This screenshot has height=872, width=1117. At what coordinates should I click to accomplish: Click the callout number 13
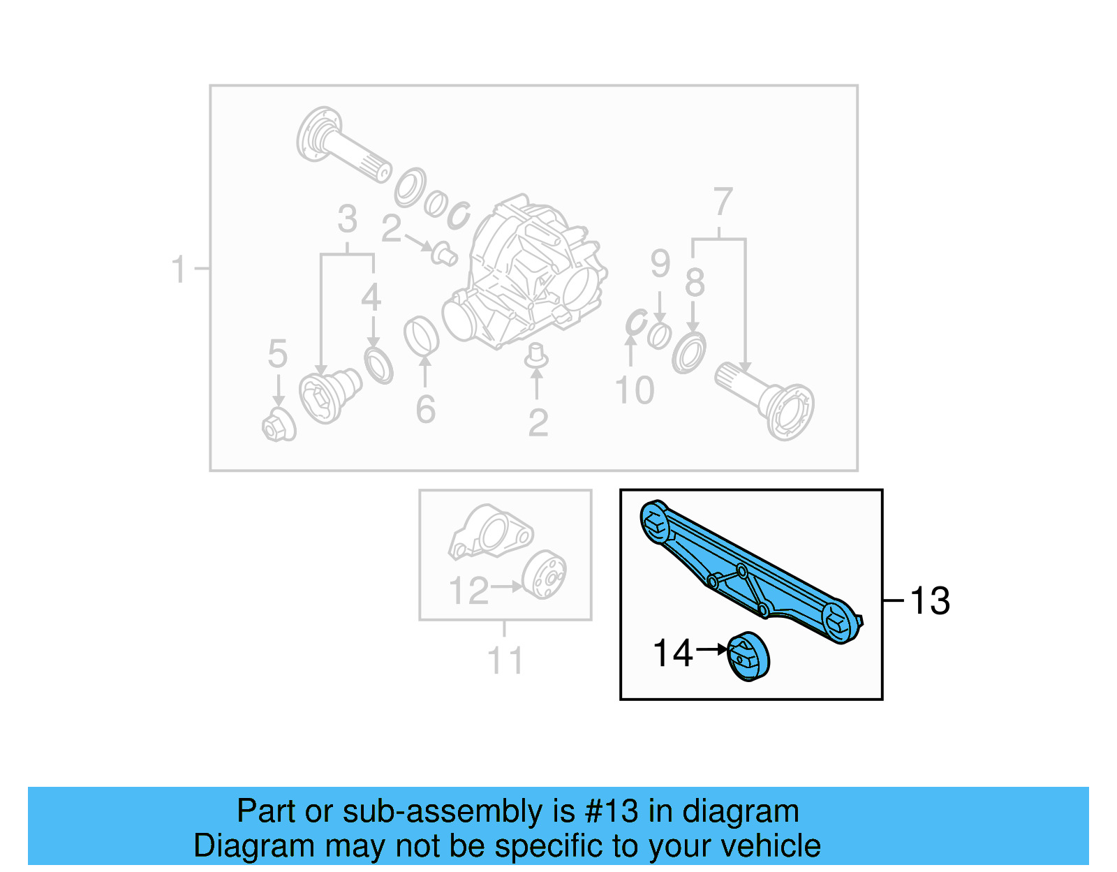[930, 601]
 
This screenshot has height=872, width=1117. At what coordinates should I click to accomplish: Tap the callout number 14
[672, 653]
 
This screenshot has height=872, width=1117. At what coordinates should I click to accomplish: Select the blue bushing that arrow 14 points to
[748, 656]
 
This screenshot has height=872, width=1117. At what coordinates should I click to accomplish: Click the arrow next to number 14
[712, 649]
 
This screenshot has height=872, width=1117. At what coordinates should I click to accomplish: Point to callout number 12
[468, 591]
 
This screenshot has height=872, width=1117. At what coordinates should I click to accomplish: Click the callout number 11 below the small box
[505, 660]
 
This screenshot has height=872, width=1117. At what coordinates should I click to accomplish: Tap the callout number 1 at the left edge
[179, 269]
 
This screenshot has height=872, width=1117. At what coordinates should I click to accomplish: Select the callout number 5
[278, 354]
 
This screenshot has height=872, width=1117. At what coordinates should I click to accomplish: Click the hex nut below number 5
[278, 427]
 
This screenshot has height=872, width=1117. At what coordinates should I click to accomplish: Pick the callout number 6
[425, 410]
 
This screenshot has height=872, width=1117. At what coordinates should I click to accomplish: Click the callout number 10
[634, 390]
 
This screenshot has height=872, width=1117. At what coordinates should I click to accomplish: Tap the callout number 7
[723, 202]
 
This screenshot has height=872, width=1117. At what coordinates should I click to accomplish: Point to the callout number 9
[660, 263]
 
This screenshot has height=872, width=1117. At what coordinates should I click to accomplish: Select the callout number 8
[694, 283]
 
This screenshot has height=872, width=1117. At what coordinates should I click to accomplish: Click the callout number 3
[347, 219]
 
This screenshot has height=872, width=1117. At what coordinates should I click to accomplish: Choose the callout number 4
[371, 298]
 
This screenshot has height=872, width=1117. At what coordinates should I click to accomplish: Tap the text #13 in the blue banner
[612, 811]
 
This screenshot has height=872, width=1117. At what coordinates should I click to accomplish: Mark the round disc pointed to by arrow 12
[545, 575]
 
